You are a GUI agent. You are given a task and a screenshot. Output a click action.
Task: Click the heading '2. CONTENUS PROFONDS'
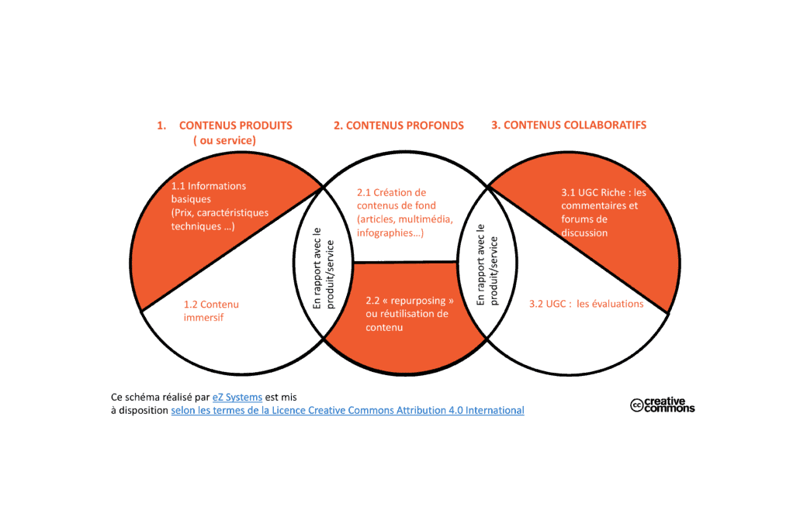[x=399, y=126]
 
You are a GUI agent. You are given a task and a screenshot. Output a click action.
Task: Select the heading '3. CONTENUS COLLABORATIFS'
[x=569, y=125]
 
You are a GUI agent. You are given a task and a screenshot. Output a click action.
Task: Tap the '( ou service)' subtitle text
[x=224, y=140]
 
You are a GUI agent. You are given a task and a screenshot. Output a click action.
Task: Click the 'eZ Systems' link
[x=237, y=397]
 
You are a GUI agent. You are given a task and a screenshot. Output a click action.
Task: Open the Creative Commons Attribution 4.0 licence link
[x=348, y=410]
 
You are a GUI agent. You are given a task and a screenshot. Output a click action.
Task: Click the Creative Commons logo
[x=663, y=405]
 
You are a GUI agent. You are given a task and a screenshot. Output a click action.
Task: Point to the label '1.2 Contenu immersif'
[x=211, y=311]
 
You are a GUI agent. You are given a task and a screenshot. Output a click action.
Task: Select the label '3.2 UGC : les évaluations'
[x=586, y=304]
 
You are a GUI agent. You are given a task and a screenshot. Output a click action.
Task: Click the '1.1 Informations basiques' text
[x=209, y=192]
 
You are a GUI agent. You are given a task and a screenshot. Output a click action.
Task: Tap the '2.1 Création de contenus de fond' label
[x=397, y=199]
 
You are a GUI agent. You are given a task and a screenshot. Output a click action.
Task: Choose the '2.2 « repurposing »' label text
[x=410, y=300]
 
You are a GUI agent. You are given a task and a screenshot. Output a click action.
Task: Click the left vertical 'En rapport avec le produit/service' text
[x=324, y=268]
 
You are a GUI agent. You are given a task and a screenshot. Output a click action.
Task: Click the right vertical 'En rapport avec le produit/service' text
[x=487, y=265]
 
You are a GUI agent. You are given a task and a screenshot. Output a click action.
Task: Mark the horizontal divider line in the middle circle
[x=405, y=262]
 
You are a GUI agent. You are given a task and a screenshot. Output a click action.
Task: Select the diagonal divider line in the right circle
[x=577, y=250]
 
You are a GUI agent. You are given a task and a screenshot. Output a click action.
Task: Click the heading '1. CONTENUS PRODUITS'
[x=224, y=126]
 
